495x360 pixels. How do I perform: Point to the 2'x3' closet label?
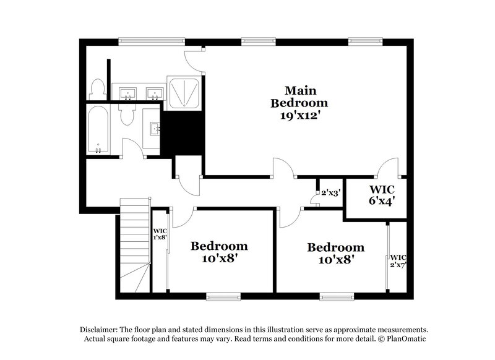(330, 193)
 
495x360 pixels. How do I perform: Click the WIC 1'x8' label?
(159, 234)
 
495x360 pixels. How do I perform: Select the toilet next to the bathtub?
(127, 114)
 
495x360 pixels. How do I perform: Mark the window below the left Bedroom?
(223, 298)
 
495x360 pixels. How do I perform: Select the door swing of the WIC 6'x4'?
(389, 168)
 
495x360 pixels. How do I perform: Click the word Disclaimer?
(98, 330)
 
